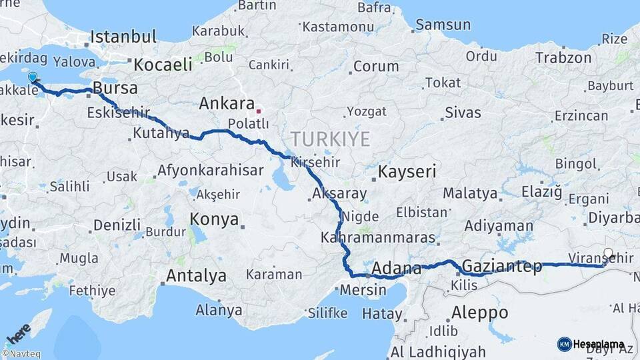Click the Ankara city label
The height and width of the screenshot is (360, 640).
pyautogui.click(x=227, y=104)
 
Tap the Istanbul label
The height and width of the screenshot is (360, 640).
pyautogui.click(x=123, y=36)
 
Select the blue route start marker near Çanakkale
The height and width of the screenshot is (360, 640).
pyautogui.click(x=33, y=77)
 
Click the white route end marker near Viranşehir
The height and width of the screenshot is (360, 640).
pyautogui.click(x=608, y=253)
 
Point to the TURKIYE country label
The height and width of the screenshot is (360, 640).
pyautogui.click(x=329, y=139)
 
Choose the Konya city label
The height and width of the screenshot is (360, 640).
pyautogui.click(x=214, y=219)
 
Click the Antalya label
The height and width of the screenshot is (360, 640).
pyautogui.click(x=196, y=275)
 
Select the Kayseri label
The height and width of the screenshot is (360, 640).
pyautogui.click(x=407, y=171)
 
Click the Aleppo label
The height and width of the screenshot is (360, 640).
pyautogui.click(x=479, y=312)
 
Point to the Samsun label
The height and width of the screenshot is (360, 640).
pyautogui.click(x=443, y=25)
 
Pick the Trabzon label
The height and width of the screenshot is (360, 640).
pyautogui.click(x=563, y=58)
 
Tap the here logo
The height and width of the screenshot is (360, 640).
pyautogui.click(x=18, y=333)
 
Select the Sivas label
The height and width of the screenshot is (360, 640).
pyautogui.click(x=463, y=112)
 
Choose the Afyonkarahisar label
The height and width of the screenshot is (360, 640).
pyautogui.click(x=210, y=170)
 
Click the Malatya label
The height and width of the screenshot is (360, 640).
pyautogui.click(x=470, y=194)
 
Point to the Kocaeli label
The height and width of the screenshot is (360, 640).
pyautogui.click(x=163, y=65)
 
